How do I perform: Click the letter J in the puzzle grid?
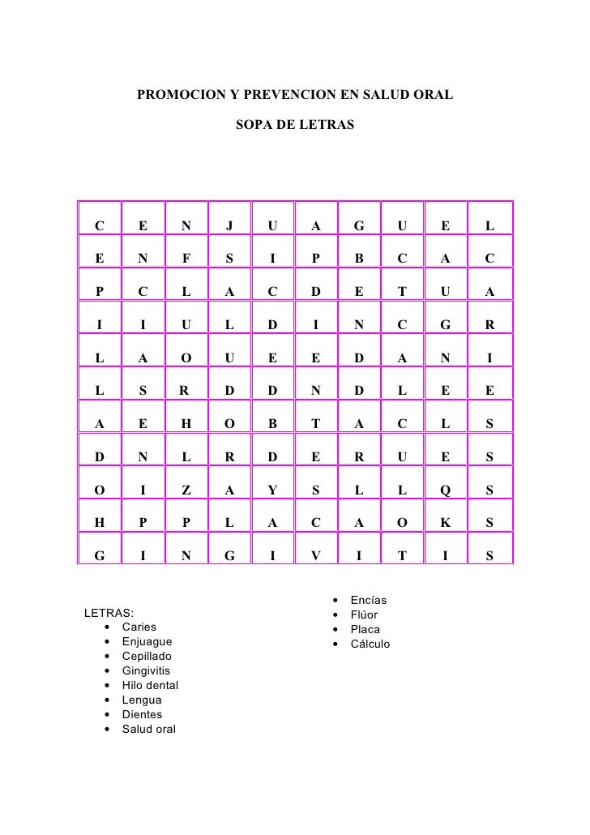229,225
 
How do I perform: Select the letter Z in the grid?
186,489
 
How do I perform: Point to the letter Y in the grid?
272,489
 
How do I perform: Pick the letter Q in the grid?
445,489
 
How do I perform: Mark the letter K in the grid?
445,524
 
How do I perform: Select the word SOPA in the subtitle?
252,127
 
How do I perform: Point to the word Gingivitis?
146,670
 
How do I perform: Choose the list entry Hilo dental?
150,685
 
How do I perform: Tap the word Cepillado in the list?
147,656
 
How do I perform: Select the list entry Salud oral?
148,729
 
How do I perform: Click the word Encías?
368,601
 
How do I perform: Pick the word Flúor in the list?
364,615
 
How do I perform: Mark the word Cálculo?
370,644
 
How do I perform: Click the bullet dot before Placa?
335,630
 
